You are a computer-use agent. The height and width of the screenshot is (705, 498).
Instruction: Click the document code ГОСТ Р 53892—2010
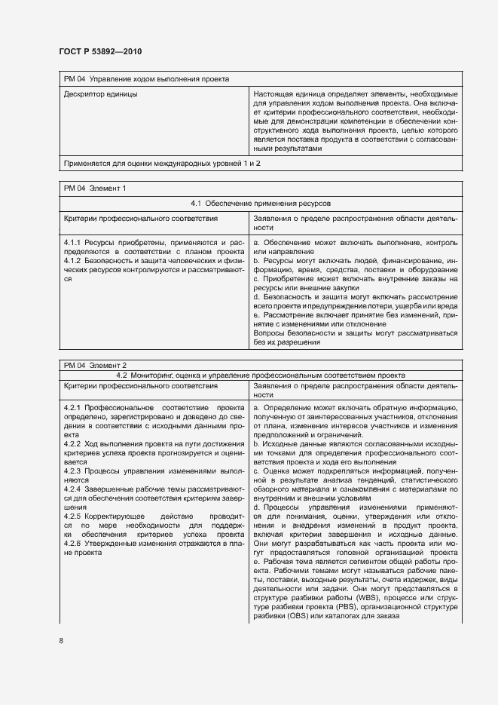tap(100, 51)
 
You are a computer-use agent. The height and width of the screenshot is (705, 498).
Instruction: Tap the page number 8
tap(61, 641)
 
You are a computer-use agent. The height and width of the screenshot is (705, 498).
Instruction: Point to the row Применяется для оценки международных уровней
tap(163, 162)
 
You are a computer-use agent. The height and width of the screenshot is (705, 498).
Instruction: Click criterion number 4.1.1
tap(72, 242)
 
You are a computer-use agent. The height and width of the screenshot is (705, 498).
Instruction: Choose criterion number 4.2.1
tap(72, 408)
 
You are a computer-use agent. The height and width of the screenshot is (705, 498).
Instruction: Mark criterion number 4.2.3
tap(72, 471)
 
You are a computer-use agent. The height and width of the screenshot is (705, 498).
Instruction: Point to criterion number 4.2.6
tap(72, 544)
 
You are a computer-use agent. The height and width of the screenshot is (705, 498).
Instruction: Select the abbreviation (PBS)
tap(356, 607)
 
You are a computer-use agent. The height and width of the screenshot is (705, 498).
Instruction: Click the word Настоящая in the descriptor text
tap(275, 95)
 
